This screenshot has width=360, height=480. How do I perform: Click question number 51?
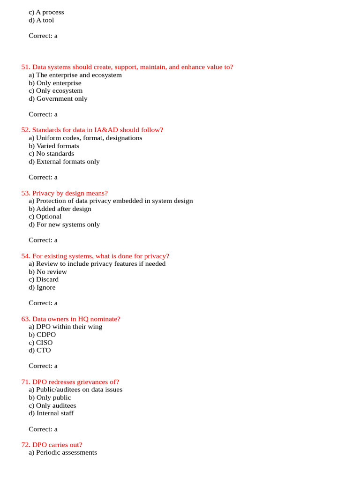coord(25,67)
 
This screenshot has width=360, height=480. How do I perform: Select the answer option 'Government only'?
coord(58,99)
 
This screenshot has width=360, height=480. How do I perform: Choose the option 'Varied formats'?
coord(54,146)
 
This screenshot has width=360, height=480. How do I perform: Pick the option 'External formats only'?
coord(64,162)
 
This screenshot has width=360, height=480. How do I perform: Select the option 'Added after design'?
coord(60,209)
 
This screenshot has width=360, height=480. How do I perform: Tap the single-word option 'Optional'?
coord(45,217)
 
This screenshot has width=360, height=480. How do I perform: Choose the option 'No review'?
coord(48,272)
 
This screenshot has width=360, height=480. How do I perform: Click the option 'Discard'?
coord(44,279)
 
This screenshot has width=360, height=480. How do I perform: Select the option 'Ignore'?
coord(42,288)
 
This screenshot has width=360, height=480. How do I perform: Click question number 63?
coord(25,319)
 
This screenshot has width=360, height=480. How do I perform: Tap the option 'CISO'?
coord(41,343)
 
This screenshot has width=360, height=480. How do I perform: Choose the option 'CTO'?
coord(40,351)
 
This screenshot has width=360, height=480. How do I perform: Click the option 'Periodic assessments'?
coord(63,453)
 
